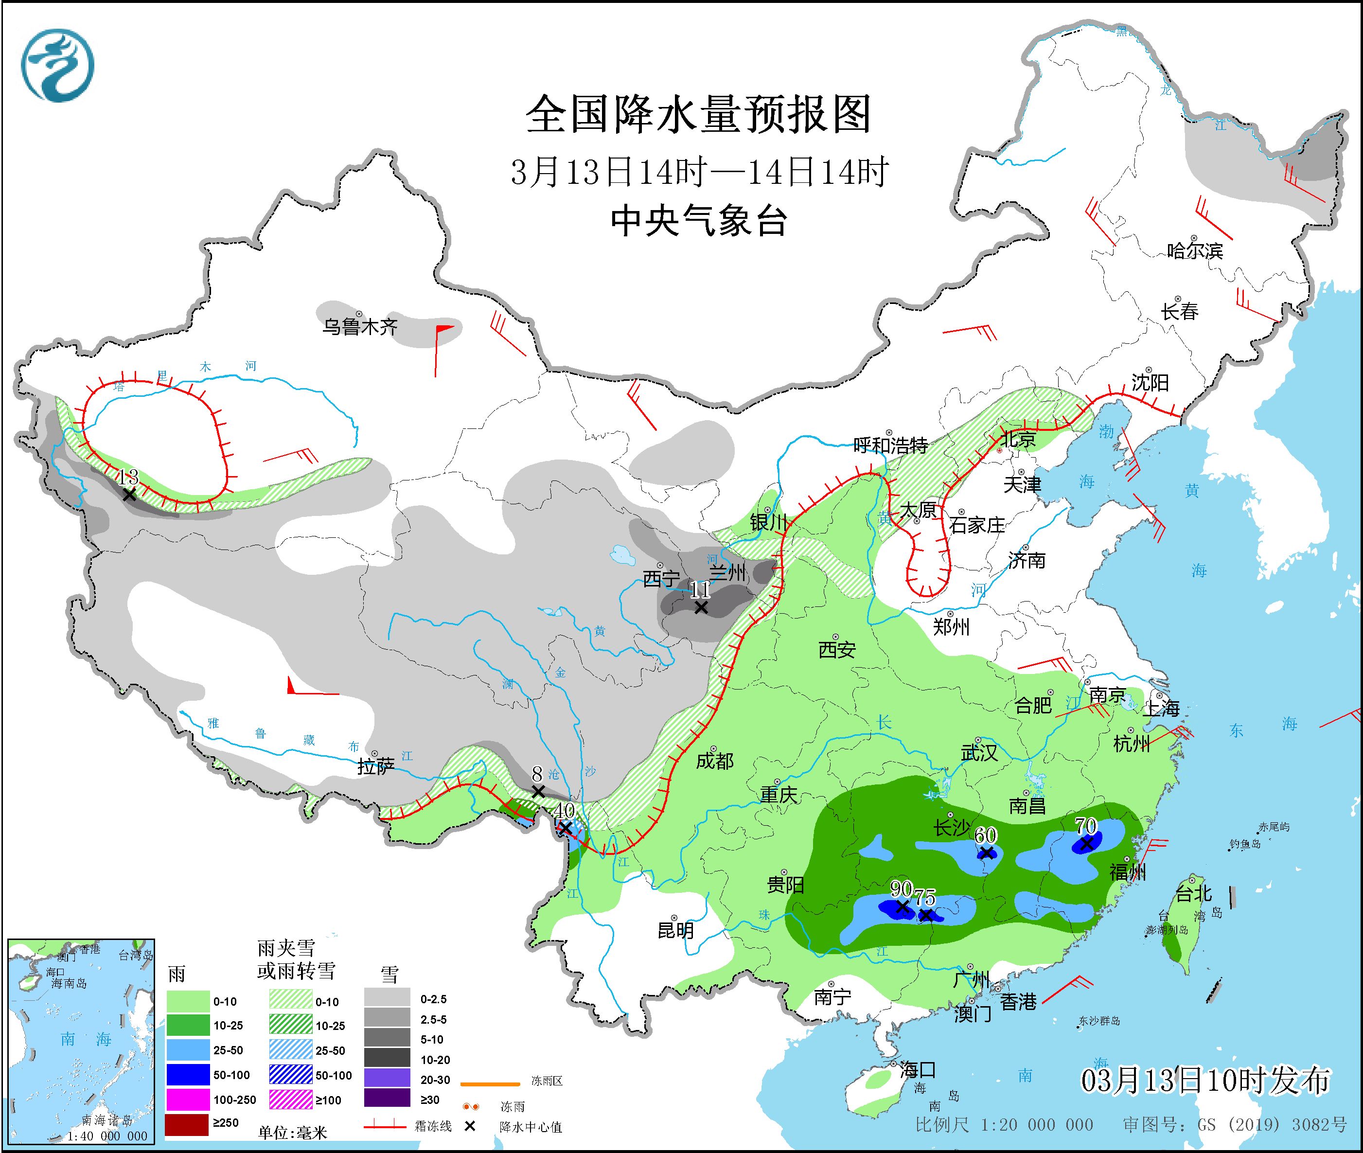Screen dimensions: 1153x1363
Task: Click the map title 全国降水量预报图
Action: point(698,114)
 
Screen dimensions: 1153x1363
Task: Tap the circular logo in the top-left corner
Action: point(57,65)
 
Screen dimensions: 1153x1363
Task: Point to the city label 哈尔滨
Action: point(1194,251)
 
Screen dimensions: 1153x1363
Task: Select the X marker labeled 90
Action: point(902,906)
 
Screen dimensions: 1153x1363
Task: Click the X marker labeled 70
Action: point(1086,844)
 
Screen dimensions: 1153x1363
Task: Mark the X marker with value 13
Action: point(129,495)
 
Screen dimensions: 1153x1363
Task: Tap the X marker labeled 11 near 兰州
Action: point(701,607)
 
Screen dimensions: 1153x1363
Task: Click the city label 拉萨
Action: point(376,767)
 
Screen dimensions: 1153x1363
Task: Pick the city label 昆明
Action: point(675,930)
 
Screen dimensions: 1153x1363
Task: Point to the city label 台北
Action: point(1194,893)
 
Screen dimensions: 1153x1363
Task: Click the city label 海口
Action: point(918,1070)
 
